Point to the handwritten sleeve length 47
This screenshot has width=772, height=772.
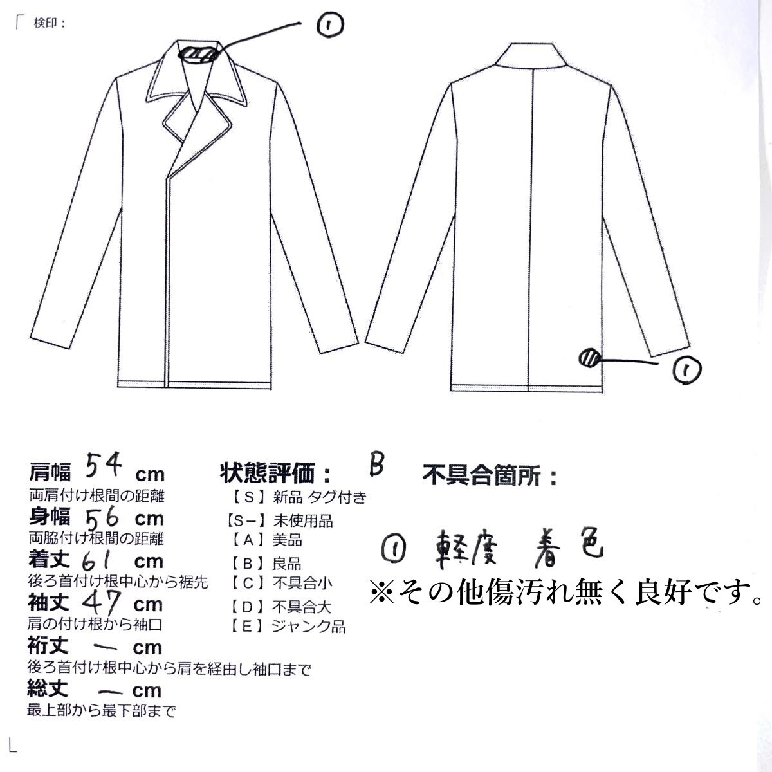click(x=100, y=602)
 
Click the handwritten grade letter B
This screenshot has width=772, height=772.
click(x=376, y=465)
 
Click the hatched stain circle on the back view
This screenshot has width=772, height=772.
click(x=589, y=357)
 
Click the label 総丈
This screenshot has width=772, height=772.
click(x=48, y=690)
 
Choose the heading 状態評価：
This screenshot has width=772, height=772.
click(x=277, y=474)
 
